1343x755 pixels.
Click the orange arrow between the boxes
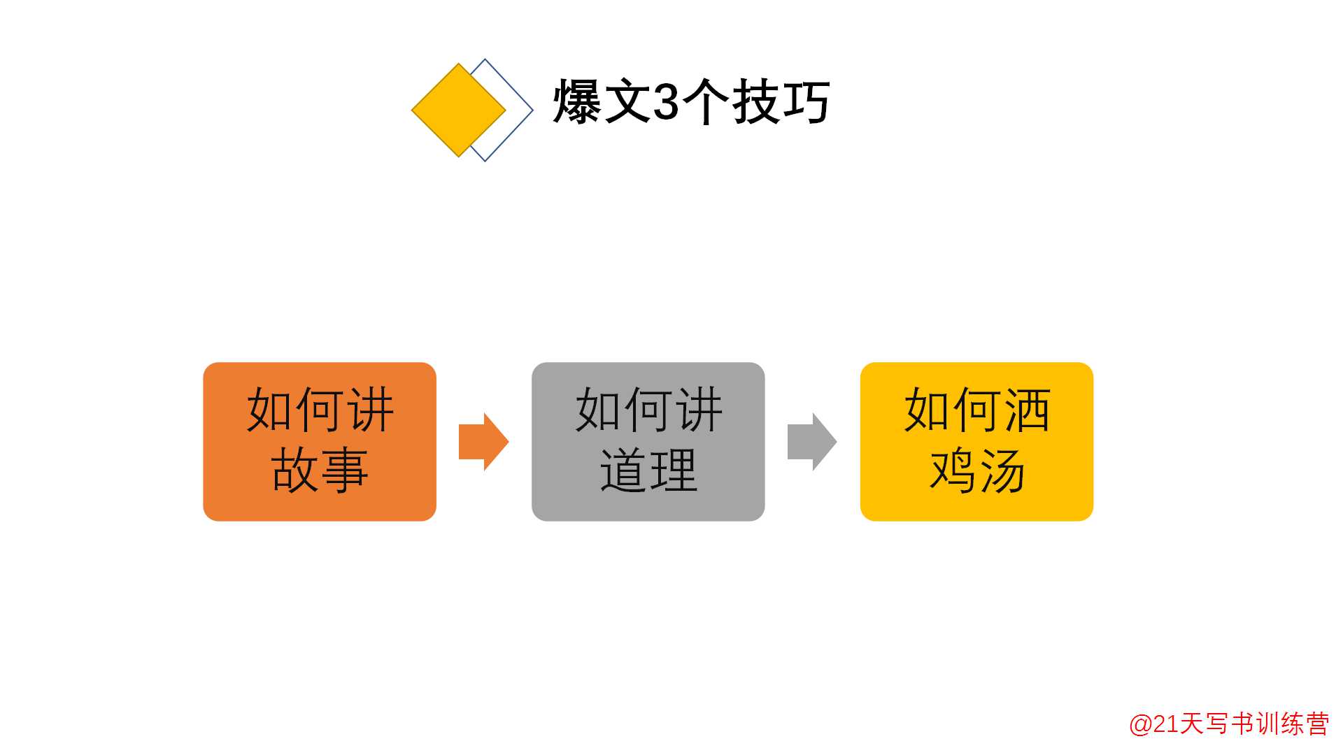[x=483, y=441]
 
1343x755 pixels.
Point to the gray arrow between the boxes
[x=811, y=441]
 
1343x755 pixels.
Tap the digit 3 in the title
[x=665, y=102]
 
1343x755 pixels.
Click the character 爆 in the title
[x=577, y=102]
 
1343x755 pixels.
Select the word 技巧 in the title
[x=781, y=102]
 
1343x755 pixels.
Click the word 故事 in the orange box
[x=320, y=470]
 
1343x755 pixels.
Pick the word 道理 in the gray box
[x=648, y=470]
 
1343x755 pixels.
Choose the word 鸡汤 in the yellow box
[x=977, y=470]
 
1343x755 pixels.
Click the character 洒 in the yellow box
[x=1027, y=410]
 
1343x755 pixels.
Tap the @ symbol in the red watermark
[x=1141, y=724]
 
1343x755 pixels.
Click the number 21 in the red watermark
[x=1166, y=724]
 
